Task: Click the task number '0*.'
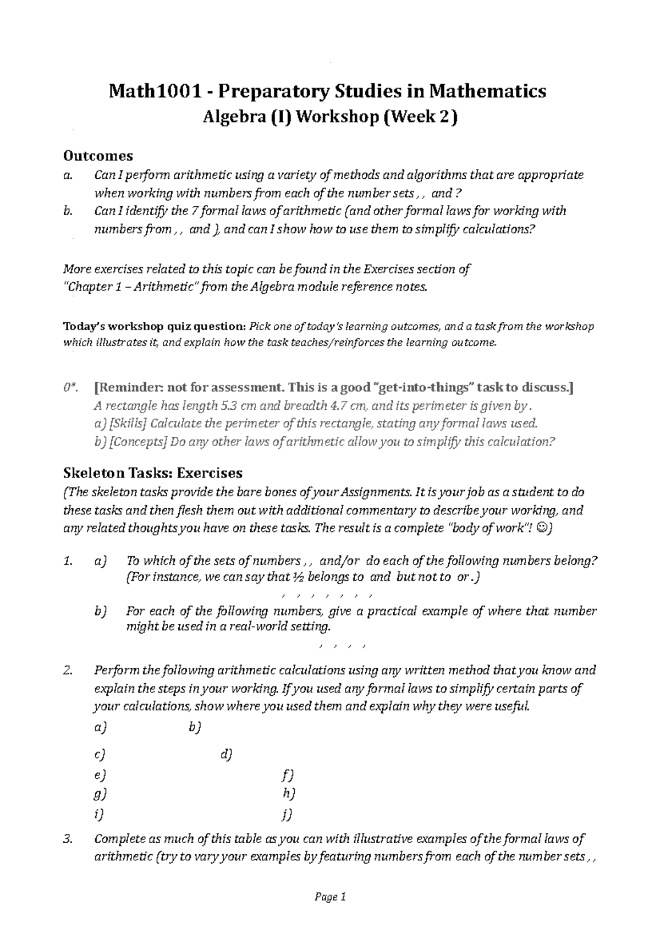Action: pos(69,387)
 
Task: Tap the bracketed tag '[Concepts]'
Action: pos(137,442)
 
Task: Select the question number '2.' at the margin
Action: pos(68,671)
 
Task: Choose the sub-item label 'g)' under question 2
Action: pos(100,794)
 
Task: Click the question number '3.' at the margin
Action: pos(68,839)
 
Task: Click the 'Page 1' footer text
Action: pos(329,898)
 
